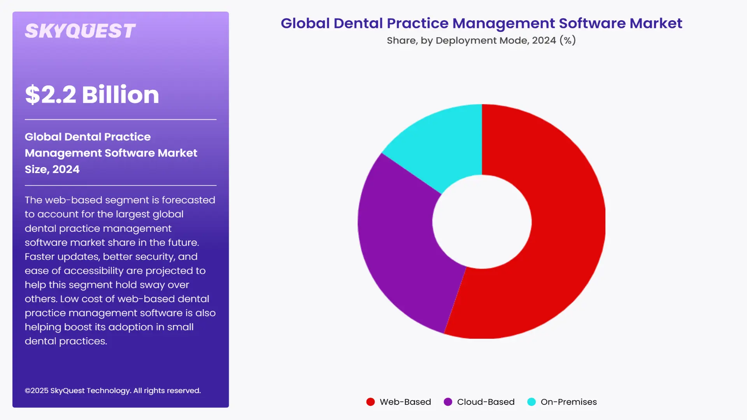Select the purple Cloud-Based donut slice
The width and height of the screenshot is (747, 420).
point(401,249)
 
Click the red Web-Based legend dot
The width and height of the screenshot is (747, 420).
point(370,402)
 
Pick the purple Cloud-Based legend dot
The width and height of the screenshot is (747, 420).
point(448,402)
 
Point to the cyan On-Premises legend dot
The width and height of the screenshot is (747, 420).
point(531,402)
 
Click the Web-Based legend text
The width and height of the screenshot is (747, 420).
point(405,402)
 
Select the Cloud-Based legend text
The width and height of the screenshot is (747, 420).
point(486,402)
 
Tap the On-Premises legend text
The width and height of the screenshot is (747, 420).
point(568,402)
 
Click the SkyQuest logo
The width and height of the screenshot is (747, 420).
point(80,31)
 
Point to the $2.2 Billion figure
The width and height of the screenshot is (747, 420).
point(92,94)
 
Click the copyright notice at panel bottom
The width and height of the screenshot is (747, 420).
point(113,390)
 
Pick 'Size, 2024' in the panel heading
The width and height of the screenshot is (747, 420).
point(52,169)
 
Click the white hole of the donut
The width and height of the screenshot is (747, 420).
point(482,222)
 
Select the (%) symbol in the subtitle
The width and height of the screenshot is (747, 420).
point(568,40)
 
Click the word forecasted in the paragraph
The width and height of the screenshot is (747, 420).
point(188,200)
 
